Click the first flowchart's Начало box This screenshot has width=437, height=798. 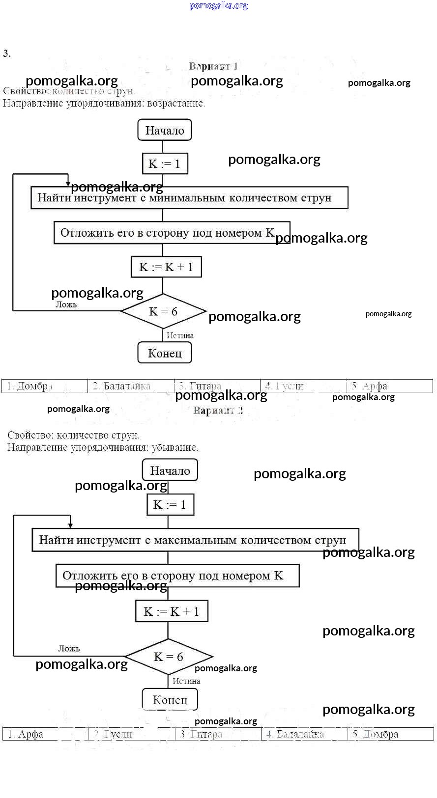pyautogui.click(x=165, y=131)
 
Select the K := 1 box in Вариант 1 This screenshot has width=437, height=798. pyautogui.click(x=165, y=164)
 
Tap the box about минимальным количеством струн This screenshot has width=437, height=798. pyautogui.click(x=189, y=198)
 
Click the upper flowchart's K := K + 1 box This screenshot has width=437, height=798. pyautogui.click(x=166, y=267)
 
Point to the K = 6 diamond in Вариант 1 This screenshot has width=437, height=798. pyautogui.click(x=163, y=311)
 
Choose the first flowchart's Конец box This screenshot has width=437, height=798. pyautogui.click(x=165, y=353)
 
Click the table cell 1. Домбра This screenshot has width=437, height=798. pyautogui.click(x=44, y=386)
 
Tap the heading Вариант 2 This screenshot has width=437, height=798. pyautogui.click(x=218, y=411)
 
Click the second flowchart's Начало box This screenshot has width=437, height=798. pyautogui.click(x=170, y=470)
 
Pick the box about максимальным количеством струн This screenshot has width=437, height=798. pyautogui.click(x=195, y=540)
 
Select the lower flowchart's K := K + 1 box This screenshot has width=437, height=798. pyautogui.click(x=172, y=611)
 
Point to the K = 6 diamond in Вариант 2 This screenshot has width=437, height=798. pyautogui.click(x=169, y=657)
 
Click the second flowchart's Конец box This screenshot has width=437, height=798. pyautogui.click(x=170, y=700)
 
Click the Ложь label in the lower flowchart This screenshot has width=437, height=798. pyautogui.click(x=69, y=648)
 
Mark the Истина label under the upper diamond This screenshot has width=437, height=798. pyautogui.click(x=180, y=335)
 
